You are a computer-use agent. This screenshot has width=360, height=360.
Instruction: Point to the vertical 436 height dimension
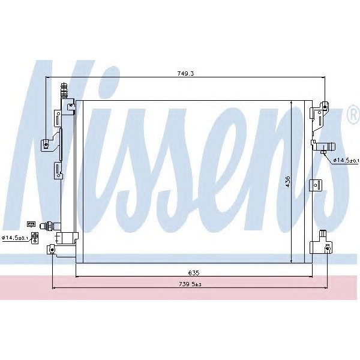[x=287, y=181]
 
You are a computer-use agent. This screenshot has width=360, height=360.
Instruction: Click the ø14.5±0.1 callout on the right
[x=346, y=160]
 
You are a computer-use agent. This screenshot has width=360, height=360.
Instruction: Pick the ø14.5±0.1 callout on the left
[x=15, y=238]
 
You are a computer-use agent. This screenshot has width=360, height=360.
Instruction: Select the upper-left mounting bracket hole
[x=45, y=143]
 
